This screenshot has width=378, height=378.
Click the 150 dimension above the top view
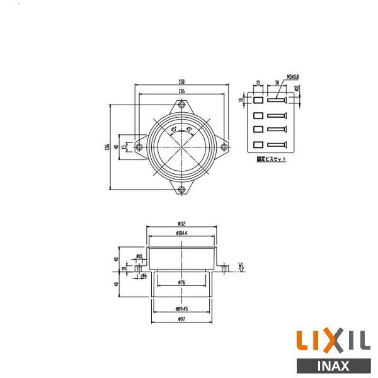pos(181,82)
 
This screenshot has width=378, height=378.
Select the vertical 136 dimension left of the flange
pos(108,146)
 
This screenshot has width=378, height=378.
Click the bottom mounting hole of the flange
pos(181,189)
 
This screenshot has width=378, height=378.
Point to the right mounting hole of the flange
pos(223,147)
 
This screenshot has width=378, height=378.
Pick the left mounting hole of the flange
pos(140,147)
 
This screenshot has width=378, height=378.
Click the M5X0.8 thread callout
pos(293,76)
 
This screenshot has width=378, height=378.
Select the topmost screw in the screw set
pos(277,100)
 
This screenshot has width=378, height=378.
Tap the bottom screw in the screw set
pos(277,146)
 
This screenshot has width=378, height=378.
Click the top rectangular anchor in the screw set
pos(258,100)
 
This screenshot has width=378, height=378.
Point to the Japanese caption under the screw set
pos(272,159)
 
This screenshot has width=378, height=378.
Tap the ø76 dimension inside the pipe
pos(181,282)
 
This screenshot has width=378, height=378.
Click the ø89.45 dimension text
pos(181,309)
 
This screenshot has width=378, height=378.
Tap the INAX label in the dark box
pos(332,366)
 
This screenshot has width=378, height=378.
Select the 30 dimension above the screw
pos(277,82)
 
